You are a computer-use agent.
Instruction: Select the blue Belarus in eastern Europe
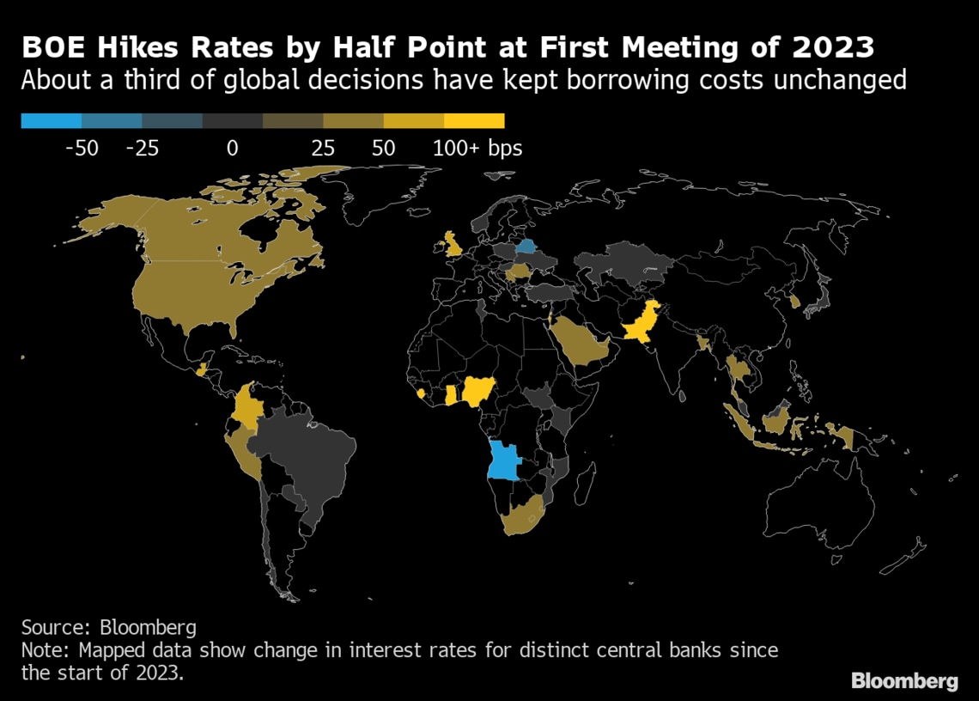tap(528, 248)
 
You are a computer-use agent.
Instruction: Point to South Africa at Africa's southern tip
tap(520, 515)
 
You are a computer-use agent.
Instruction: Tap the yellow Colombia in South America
tap(246, 405)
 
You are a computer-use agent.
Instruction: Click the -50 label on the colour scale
tap(82, 149)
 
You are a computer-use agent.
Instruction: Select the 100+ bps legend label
tap(477, 149)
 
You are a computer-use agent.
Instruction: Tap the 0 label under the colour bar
tap(232, 149)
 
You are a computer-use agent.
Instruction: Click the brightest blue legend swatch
tap(52, 121)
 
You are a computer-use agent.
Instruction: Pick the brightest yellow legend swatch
tap(474, 121)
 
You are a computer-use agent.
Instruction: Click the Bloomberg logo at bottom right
tap(903, 681)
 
